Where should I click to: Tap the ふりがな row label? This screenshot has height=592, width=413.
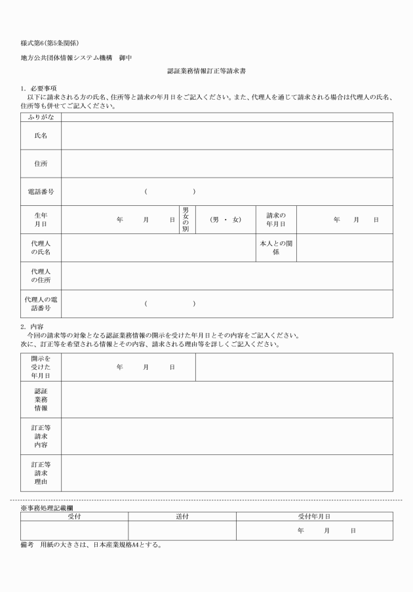(41, 117)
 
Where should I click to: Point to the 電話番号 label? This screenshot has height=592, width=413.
(41, 191)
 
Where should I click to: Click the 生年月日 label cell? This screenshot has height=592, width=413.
(41, 220)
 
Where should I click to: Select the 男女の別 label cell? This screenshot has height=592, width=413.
(186, 220)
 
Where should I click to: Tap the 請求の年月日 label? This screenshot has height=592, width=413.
(276, 220)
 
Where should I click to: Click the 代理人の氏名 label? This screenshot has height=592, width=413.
(41, 248)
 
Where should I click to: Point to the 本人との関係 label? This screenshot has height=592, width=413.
(276, 248)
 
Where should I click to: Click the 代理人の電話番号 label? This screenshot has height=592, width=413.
(41, 304)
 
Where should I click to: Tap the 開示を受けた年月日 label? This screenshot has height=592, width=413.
(41, 367)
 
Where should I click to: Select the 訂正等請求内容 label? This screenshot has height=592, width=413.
(41, 436)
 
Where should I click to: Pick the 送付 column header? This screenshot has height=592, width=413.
(182, 517)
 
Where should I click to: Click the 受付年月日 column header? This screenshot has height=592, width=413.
(315, 517)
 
